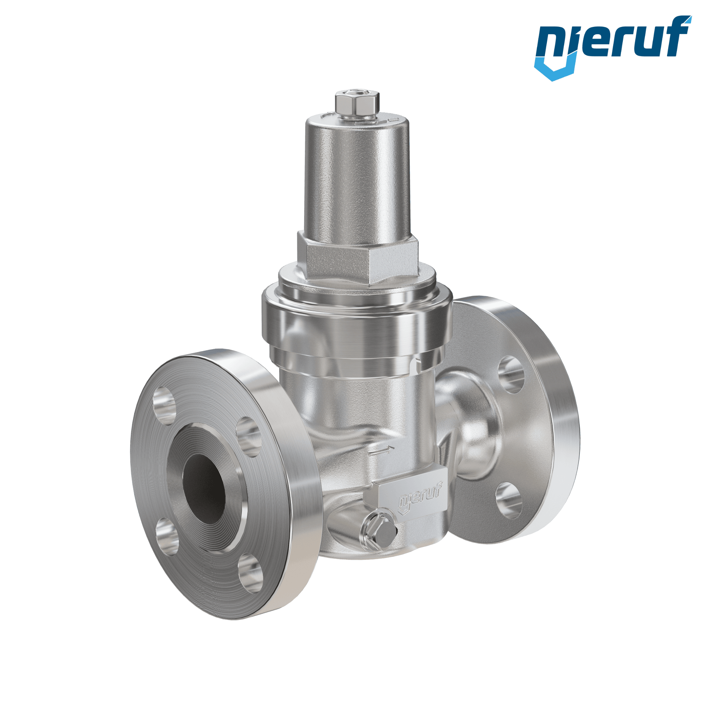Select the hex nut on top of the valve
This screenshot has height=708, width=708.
pyautogui.click(x=357, y=104)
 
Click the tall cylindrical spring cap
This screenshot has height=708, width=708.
pyautogui.click(x=357, y=177)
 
